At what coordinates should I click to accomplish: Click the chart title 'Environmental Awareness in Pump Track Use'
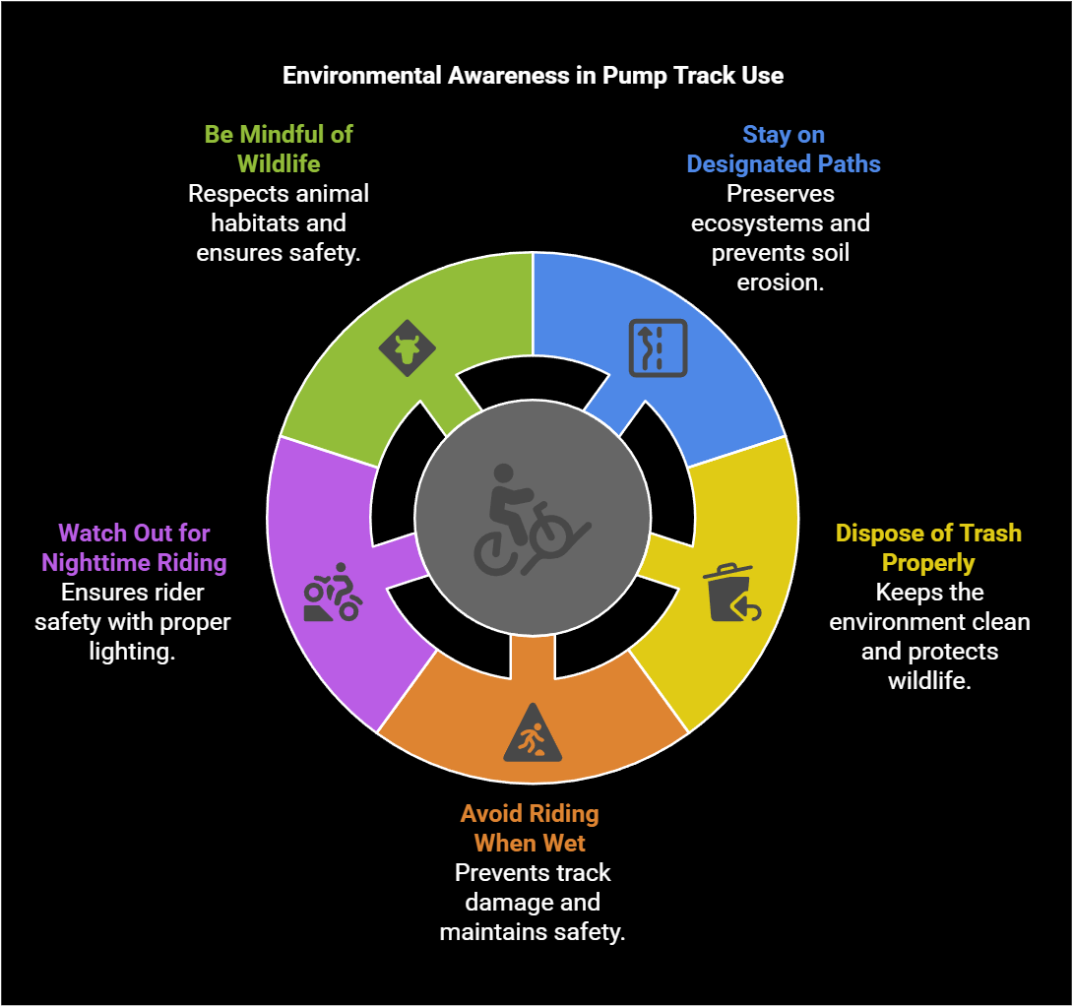[x=533, y=76]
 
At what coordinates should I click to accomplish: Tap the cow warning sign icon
[x=407, y=347]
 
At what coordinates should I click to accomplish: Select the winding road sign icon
[x=658, y=348]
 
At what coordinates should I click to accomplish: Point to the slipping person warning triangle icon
[x=533, y=734]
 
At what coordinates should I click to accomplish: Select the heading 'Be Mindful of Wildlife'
[x=279, y=149]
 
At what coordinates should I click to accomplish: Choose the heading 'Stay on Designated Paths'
[x=784, y=149]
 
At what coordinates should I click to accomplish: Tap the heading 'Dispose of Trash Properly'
[x=928, y=547]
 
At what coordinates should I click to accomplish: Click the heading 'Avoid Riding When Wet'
[x=530, y=828]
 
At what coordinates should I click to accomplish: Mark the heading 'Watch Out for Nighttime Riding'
[x=134, y=547]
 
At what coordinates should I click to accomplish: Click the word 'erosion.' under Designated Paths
[x=780, y=282]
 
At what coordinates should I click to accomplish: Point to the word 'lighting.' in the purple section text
[x=133, y=652]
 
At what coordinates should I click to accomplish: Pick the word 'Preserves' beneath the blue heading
[x=781, y=193]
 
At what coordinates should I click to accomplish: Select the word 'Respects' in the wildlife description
[x=232, y=193]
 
